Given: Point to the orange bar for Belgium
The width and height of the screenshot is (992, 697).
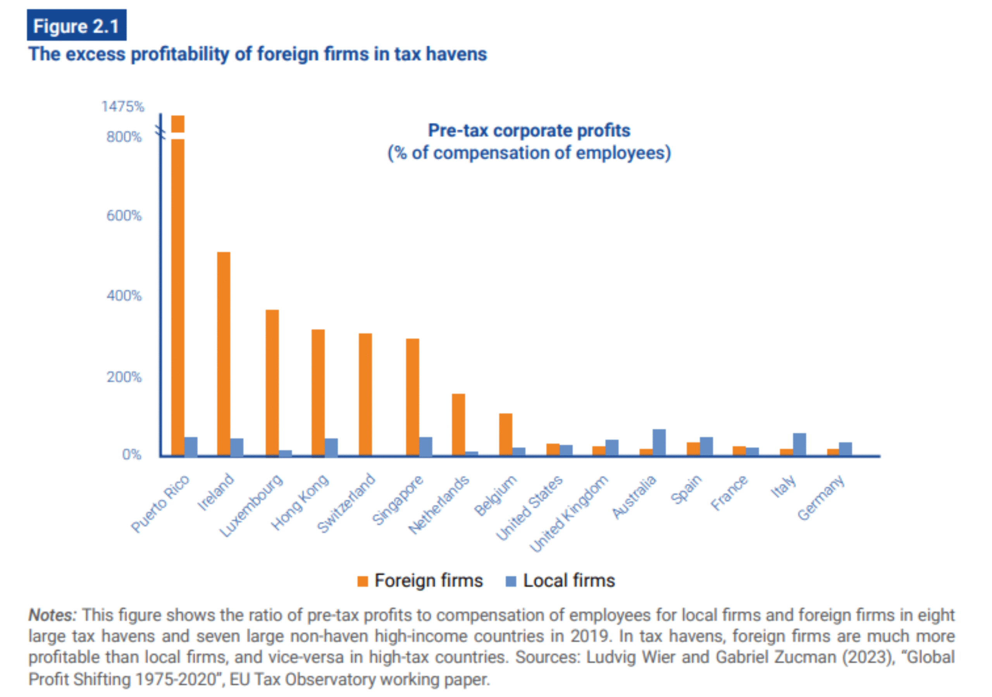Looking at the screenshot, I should click(506, 434).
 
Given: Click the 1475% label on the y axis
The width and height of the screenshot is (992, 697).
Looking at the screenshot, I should click(123, 106).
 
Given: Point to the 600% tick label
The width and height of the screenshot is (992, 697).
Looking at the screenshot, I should click(124, 215).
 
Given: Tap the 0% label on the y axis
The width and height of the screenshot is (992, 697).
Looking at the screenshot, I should click(131, 455).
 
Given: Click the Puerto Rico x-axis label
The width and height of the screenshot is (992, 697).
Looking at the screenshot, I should click(160, 504).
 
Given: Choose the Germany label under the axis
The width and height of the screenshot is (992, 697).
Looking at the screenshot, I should click(821, 497).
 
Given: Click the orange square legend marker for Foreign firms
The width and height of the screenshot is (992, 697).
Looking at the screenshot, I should click(362, 581).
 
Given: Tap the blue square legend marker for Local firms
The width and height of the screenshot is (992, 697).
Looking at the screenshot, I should click(511, 581).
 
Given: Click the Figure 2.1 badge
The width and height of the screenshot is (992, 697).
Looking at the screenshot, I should click(76, 26).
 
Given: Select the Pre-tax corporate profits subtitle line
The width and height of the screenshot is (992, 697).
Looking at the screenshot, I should click(529, 131).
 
